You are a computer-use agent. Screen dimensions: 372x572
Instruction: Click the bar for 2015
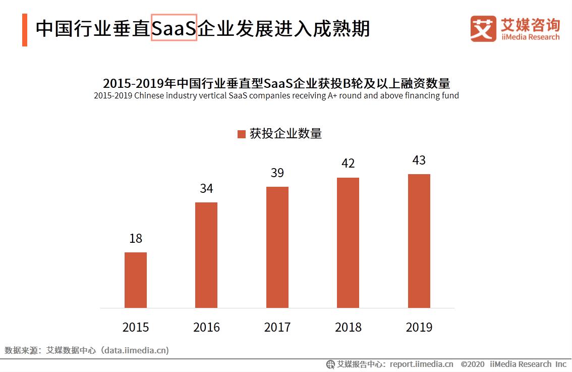coord(136,280)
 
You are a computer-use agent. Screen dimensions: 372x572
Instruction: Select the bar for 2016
coord(206,255)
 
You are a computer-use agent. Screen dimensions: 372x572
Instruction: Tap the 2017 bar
coord(277,247)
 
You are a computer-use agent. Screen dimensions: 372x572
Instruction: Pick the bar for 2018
coord(348,243)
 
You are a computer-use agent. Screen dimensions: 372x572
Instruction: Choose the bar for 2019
coord(419,241)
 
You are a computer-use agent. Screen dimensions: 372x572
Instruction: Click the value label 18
coord(136,239)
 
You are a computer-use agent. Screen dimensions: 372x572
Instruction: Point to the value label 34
coord(206,189)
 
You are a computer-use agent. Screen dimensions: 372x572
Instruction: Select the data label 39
coord(277,173)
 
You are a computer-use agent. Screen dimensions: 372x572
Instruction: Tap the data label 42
coord(348,164)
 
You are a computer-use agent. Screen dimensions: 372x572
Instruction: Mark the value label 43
coord(419,161)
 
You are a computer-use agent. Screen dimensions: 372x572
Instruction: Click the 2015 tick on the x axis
coord(136,328)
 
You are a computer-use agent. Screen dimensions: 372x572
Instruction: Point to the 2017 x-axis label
coord(277,328)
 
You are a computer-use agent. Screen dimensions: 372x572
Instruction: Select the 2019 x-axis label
coord(419,328)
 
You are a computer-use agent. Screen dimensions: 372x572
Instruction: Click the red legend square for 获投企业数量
coord(241,134)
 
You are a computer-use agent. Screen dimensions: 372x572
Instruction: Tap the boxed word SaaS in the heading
coord(174,29)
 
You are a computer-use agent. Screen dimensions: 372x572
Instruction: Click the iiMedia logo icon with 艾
coord(483,29)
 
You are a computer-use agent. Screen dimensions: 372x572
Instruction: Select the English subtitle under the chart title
coord(276,96)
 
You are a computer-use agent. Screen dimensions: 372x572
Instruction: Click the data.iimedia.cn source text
coord(135,350)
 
